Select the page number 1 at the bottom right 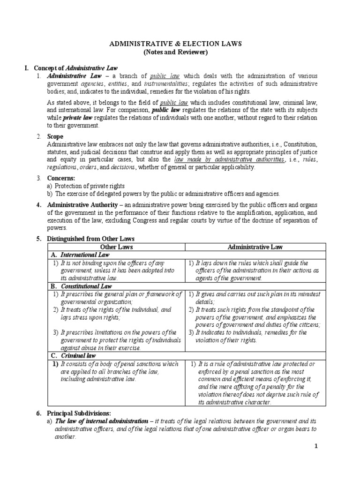(x=316, y=446)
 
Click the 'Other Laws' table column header (x=116, y=247)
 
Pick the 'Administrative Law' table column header (x=255, y=247)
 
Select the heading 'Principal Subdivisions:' (x=79, y=413)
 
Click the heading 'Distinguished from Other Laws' (x=90, y=239)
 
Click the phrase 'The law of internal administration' (x=99, y=421)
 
